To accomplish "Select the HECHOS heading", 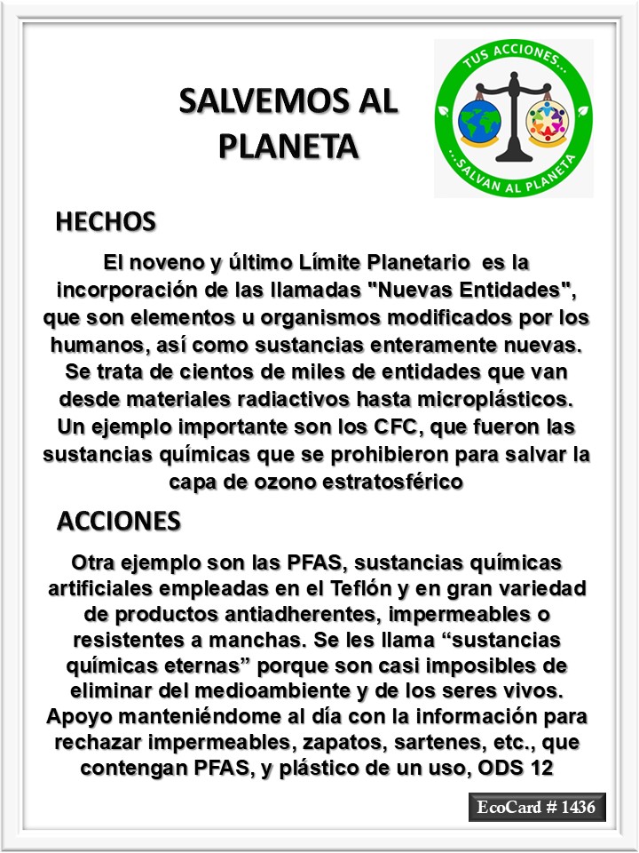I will [x=106, y=221].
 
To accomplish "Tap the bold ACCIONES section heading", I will [x=119, y=521].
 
